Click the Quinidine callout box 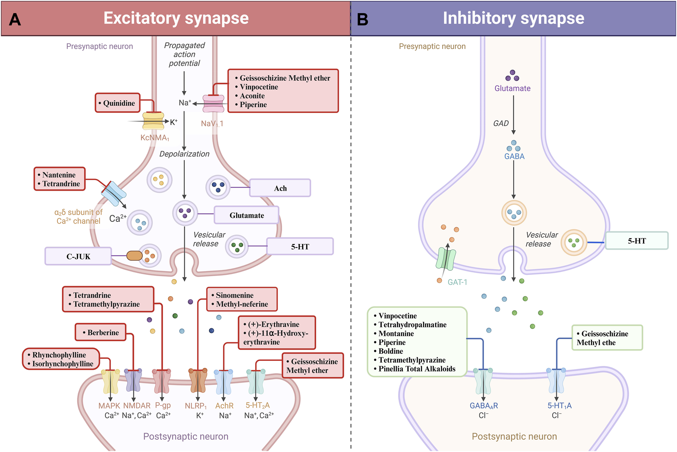coord(118,103)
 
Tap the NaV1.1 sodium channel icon coord(213,104)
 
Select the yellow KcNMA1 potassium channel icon coord(153,121)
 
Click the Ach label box coord(280,188)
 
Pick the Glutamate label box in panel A coord(246,215)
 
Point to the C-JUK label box coord(78,256)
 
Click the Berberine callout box coord(101,332)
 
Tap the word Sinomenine coord(234,295)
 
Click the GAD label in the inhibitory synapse coord(501,123)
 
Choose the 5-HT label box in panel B coord(636,241)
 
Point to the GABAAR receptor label coord(484,406)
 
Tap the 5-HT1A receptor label coord(559,406)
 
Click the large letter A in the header coord(15,19)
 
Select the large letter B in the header coord(363,19)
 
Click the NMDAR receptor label coord(137,406)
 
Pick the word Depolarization coord(184,154)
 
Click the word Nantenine coord(59,175)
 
